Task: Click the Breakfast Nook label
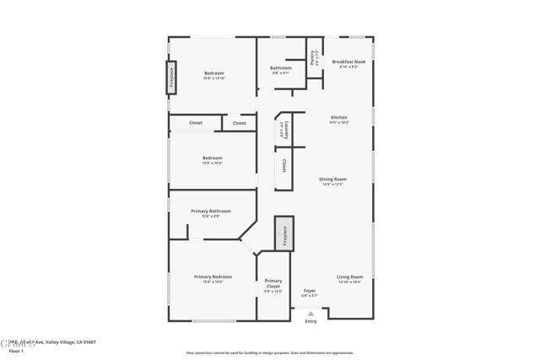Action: (x=348, y=62)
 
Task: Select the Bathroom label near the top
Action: (x=281, y=67)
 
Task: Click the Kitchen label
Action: (x=339, y=117)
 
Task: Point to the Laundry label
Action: (x=286, y=131)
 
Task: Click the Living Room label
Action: (x=350, y=277)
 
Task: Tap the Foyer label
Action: (x=310, y=290)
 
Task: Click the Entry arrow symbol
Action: (x=310, y=314)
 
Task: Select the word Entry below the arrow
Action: (x=310, y=321)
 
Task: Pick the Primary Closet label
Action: (x=273, y=283)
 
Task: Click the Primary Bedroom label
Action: (x=213, y=277)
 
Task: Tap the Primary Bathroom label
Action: (x=211, y=211)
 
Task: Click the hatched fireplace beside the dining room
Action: (x=284, y=234)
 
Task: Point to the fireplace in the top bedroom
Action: (x=172, y=75)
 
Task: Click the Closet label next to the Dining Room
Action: (x=284, y=165)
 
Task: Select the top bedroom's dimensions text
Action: (x=214, y=78)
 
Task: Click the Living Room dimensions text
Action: (x=350, y=282)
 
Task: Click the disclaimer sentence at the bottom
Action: (x=270, y=353)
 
